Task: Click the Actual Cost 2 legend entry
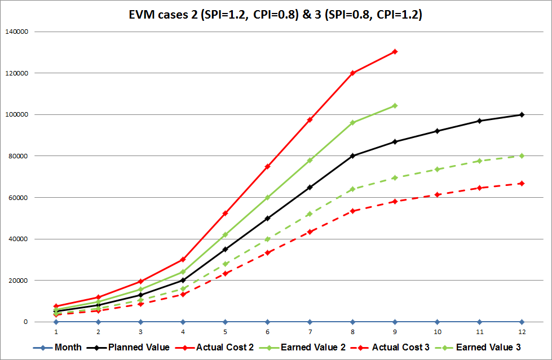(224, 347)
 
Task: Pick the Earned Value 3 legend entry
(488, 347)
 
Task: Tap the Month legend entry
(68, 347)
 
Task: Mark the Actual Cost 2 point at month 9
(395, 51)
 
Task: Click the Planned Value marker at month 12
(522, 114)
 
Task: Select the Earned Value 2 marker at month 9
(395, 105)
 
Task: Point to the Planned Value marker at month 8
(352, 155)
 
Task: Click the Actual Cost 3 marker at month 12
(522, 183)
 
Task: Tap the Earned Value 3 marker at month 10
(437, 169)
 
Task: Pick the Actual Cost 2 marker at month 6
(268, 166)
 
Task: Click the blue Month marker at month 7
(310, 322)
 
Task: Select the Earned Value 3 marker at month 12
(522, 155)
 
